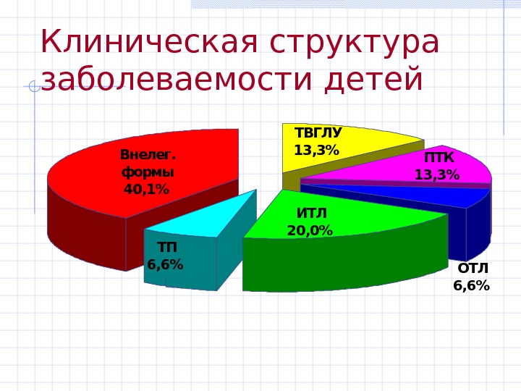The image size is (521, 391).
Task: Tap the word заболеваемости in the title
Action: point(179,80)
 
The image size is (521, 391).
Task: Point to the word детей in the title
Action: point(373,80)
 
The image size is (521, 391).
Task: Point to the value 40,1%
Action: point(146,190)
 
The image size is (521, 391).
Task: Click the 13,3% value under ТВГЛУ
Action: point(316,151)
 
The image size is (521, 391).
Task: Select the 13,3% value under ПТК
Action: point(436,175)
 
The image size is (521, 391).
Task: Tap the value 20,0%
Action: point(310,231)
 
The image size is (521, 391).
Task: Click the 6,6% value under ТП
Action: point(165,265)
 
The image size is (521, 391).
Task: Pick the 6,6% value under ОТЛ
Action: point(471,286)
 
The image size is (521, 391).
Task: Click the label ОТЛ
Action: point(473,269)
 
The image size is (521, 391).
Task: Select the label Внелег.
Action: point(148,155)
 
